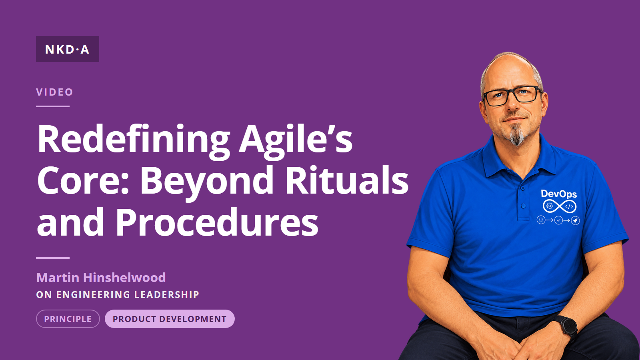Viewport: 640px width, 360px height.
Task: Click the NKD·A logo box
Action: tap(68, 49)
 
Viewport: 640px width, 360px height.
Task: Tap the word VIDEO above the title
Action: tap(54, 92)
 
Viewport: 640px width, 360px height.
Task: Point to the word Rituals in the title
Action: tap(347, 180)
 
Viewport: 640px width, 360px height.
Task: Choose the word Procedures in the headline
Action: tap(217, 222)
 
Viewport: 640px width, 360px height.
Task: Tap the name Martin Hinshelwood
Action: tap(101, 278)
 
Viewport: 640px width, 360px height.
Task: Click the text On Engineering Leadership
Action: tap(118, 294)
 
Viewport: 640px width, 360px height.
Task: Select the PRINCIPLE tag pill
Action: tap(68, 319)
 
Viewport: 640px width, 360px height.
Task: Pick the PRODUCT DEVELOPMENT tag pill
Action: tap(170, 319)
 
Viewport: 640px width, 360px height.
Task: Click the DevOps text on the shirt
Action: tap(559, 194)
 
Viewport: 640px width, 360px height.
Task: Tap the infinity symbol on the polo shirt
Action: tap(560, 206)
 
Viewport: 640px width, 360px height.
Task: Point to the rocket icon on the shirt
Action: tap(575, 220)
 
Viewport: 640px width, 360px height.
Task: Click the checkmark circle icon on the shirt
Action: tap(558, 220)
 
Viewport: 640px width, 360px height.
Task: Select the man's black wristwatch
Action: tap(568, 328)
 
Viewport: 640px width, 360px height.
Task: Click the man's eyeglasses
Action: tap(512, 96)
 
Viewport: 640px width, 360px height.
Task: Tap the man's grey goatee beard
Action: tap(517, 135)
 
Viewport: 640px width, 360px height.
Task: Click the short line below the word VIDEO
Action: tap(53, 106)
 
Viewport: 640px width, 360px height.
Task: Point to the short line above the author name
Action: tap(53, 258)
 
